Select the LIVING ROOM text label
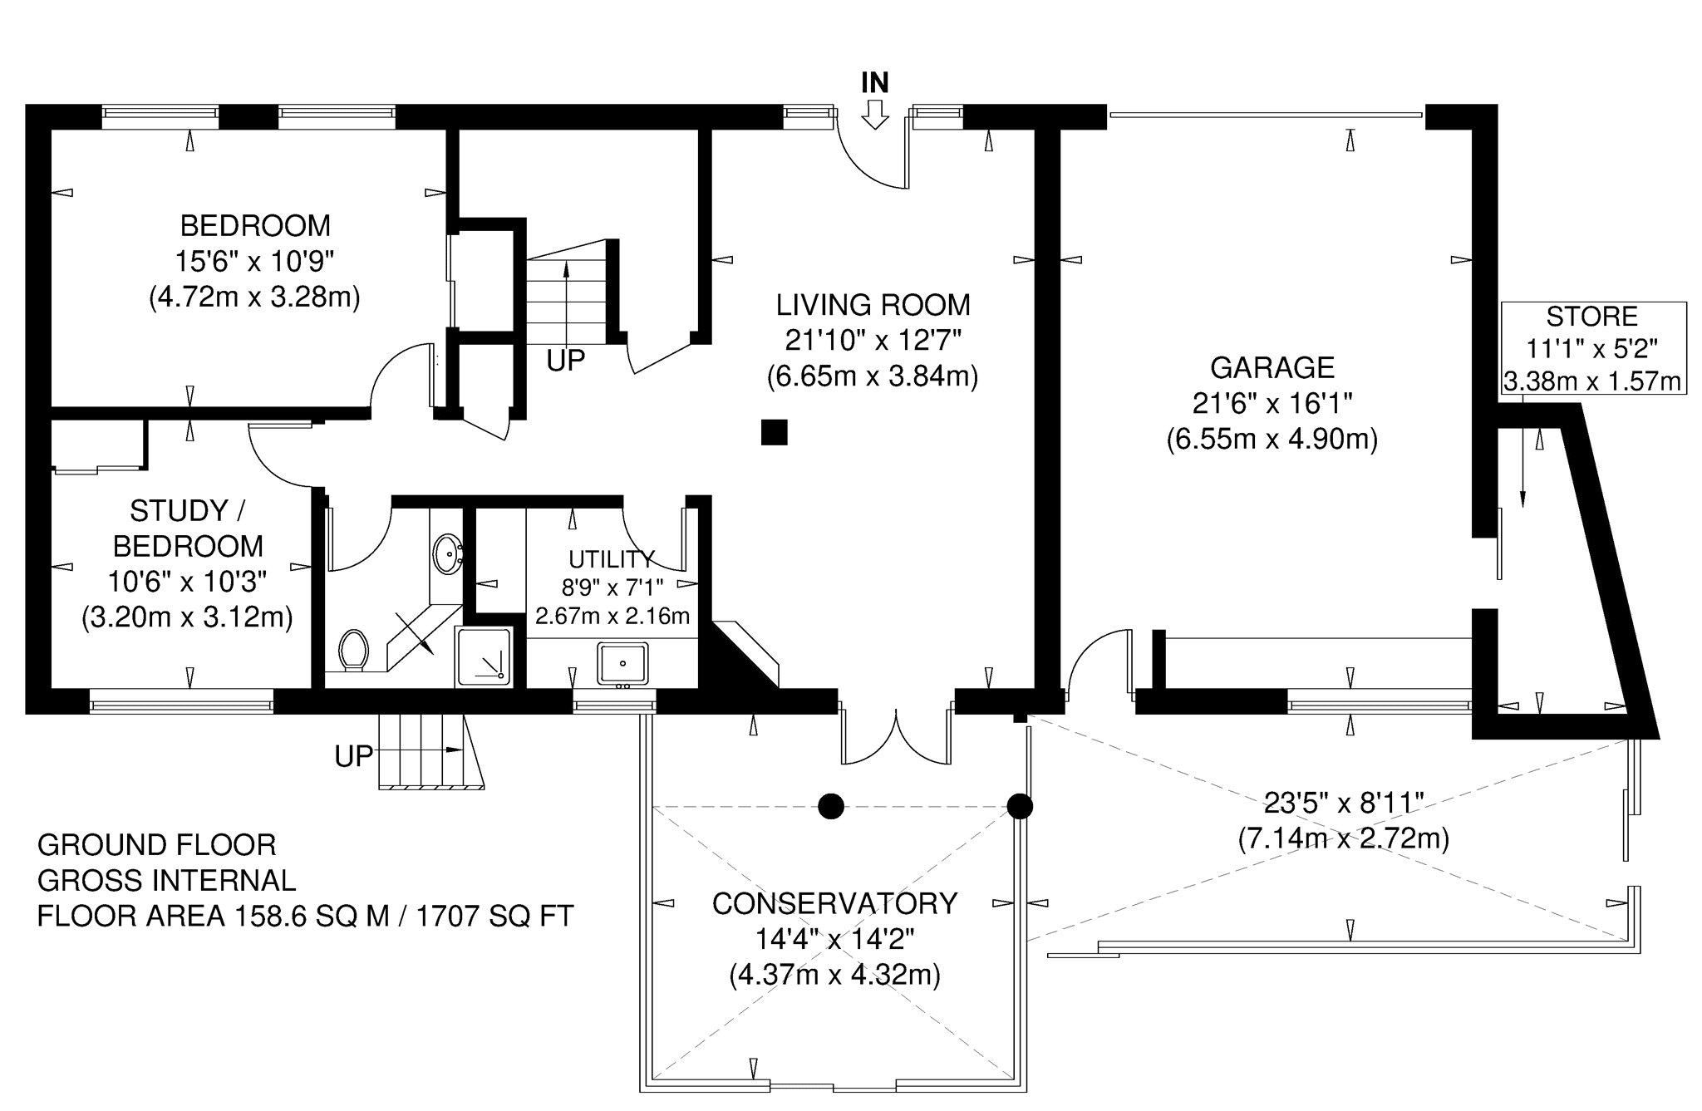point(873,305)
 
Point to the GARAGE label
point(1272,367)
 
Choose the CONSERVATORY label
point(835,903)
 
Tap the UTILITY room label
point(612,558)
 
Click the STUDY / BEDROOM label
point(188,528)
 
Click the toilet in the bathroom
point(354,649)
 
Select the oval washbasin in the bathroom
point(449,553)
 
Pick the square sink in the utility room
point(622,664)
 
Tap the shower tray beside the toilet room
point(484,656)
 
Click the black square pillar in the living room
point(775,432)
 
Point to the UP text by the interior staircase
point(566,361)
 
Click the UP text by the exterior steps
point(354,756)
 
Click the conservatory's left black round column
point(831,805)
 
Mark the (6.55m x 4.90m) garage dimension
point(1272,438)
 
